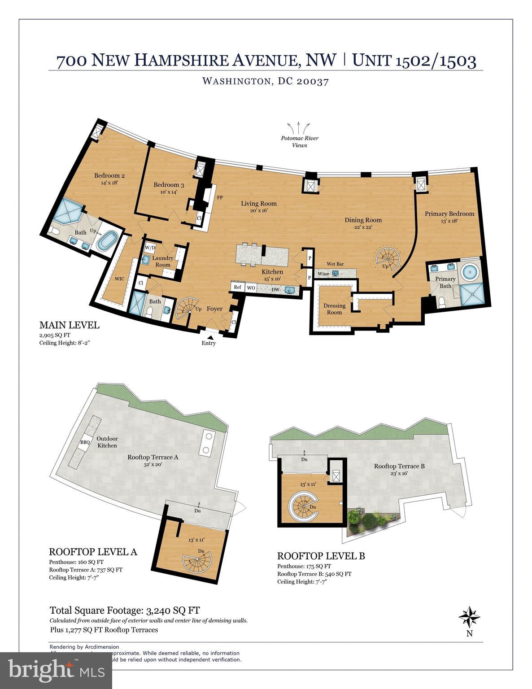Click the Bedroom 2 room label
point(109,176)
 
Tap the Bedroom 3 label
point(169,185)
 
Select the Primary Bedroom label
point(449,214)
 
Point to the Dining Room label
point(363,220)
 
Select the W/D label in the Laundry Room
point(150,248)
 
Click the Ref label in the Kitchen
point(237,288)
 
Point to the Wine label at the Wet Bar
point(323,274)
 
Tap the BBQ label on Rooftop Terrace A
point(85,442)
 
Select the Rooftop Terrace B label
point(399,466)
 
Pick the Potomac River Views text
point(300,141)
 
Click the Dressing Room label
point(334,309)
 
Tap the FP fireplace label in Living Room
point(220,197)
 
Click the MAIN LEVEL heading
point(69,325)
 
